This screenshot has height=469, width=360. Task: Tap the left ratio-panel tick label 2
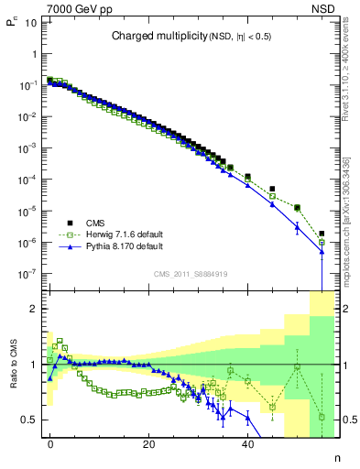tap(33, 309)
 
